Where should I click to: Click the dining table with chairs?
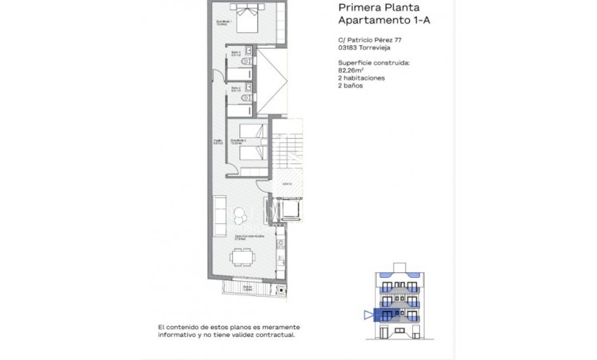tap(242, 257)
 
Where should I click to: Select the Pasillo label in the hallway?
tap(216, 141)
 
